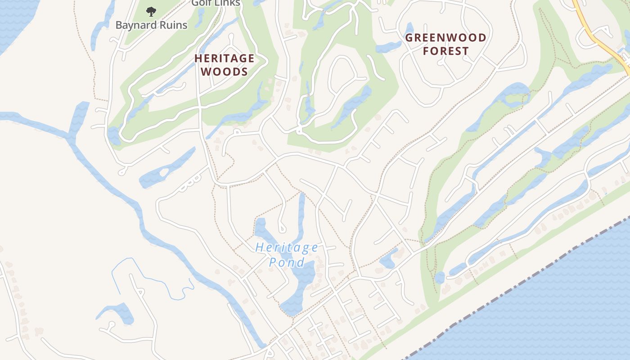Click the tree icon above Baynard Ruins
tap(151, 11)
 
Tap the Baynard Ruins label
tap(151, 25)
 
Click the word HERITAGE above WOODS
tap(225, 58)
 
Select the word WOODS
tap(224, 72)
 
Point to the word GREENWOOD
tap(446, 38)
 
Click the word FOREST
tap(446, 51)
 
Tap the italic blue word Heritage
tap(287, 247)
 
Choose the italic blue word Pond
tap(287, 262)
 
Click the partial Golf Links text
tap(216, 3)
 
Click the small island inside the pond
tap(163, 172)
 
